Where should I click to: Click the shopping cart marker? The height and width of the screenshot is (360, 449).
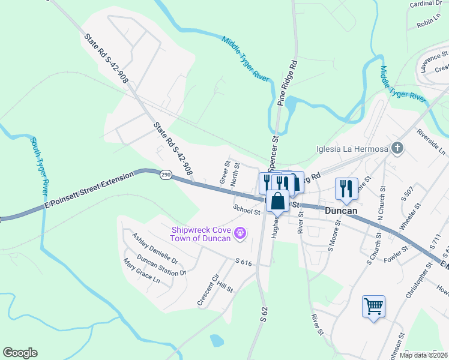pos(373,307)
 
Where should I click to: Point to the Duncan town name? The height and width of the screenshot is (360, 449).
pos(342,211)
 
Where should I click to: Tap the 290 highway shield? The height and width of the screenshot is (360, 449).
pos(166,175)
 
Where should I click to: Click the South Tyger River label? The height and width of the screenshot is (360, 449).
pos(39,166)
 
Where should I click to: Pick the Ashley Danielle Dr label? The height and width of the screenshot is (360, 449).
pos(155,248)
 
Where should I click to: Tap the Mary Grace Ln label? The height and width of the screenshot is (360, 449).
pos(142,271)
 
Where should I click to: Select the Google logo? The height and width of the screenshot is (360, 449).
pos(20,353)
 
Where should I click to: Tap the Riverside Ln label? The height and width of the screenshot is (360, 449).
pos(431,141)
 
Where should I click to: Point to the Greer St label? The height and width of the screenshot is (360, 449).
pos(226,172)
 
